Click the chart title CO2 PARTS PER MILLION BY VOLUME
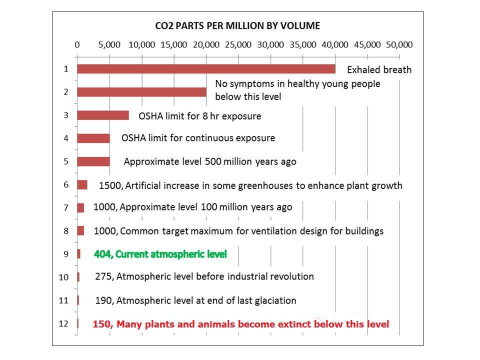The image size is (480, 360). (236, 25)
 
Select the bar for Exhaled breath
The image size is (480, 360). (206, 69)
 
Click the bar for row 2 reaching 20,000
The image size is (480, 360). (141, 92)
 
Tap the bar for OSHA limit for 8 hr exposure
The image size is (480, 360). (103, 115)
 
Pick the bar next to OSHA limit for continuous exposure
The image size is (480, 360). (93, 138)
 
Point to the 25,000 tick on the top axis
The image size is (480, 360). (238, 44)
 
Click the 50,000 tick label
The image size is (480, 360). (398, 44)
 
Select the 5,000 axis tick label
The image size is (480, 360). (109, 44)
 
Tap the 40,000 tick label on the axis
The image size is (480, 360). (334, 44)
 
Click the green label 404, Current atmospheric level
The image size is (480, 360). (160, 254)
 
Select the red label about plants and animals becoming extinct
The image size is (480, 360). (240, 324)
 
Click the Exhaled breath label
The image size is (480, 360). (379, 70)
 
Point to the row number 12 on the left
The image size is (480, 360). (63, 323)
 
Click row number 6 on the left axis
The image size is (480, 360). (65, 184)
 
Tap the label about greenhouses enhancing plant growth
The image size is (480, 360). (250, 185)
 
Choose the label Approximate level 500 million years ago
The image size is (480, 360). (209, 162)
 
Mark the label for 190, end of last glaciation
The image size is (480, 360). (195, 300)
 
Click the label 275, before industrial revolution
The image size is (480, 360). (204, 276)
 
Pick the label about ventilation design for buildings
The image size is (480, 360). (238, 231)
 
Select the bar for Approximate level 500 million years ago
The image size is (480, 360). (93, 161)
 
